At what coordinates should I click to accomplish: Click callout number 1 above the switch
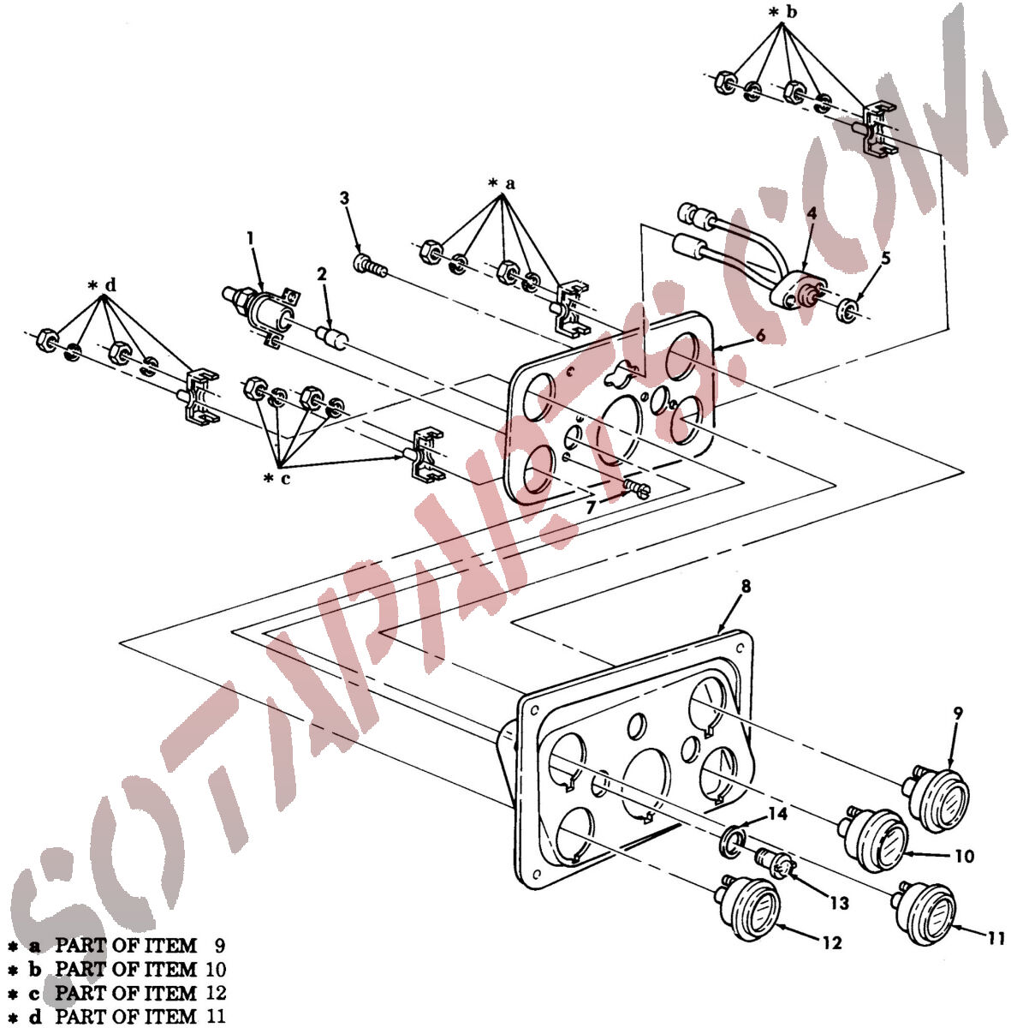(x=250, y=238)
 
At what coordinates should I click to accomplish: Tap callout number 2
(x=322, y=274)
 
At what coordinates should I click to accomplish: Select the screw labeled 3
(x=370, y=265)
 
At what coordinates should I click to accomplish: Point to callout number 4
(x=812, y=213)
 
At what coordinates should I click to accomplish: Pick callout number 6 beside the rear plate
(x=760, y=335)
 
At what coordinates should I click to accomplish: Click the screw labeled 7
(x=637, y=488)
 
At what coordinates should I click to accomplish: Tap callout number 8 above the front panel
(x=746, y=586)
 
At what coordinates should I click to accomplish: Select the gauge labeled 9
(x=937, y=800)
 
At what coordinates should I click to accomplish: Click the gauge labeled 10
(x=873, y=840)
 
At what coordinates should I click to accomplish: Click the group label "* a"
(x=502, y=184)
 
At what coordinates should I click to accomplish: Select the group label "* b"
(x=783, y=12)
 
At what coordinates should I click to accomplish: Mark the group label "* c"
(x=277, y=479)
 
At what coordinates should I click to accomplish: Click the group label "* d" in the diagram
(x=102, y=286)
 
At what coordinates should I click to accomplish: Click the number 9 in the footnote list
(x=219, y=945)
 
